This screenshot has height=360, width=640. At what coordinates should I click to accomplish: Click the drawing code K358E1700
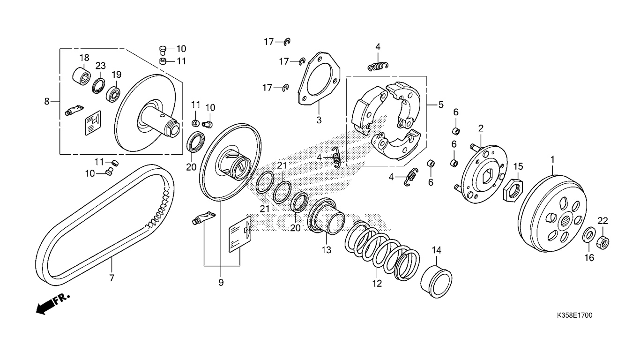click(574, 315)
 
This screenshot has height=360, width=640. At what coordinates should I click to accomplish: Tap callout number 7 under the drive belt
click(112, 277)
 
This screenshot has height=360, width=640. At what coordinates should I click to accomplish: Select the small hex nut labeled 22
click(603, 242)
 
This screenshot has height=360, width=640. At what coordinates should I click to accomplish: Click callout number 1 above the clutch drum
click(552, 159)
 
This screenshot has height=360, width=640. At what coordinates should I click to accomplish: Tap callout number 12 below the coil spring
click(377, 284)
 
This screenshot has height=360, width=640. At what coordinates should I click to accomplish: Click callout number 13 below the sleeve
click(326, 250)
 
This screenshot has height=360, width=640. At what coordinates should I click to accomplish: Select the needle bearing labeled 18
click(82, 76)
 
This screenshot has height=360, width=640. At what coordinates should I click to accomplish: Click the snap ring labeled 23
click(98, 86)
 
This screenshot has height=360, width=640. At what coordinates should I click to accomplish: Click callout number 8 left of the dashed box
click(47, 101)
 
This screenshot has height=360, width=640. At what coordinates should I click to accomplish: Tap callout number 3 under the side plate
click(319, 120)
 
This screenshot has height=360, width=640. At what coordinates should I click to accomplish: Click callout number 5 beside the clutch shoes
click(441, 105)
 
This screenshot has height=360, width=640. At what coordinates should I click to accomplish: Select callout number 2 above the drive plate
click(481, 128)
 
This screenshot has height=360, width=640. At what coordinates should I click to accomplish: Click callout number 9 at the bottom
click(221, 283)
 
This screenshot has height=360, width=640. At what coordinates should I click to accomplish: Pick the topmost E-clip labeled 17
click(287, 42)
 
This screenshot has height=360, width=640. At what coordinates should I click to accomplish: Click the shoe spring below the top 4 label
click(378, 67)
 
